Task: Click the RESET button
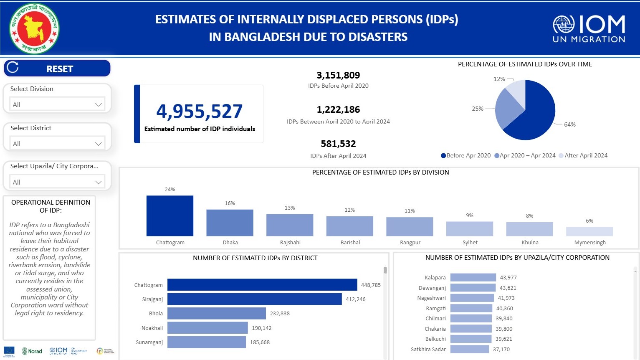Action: [x=57, y=68]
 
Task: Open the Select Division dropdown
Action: [x=57, y=104]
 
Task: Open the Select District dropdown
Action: [x=57, y=144]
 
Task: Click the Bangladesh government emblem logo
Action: [x=34, y=28]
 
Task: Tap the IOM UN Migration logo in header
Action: [x=589, y=29]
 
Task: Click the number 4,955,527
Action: [x=199, y=111]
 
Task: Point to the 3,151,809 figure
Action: [x=338, y=75]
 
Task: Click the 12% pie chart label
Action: [x=499, y=79]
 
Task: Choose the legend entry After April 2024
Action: [x=585, y=155]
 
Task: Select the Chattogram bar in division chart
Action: [x=170, y=216]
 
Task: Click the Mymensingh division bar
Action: [x=589, y=231]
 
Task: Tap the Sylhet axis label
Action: [x=470, y=242]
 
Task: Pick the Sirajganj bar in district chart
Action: [x=254, y=299]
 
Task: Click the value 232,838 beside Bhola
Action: [x=280, y=313]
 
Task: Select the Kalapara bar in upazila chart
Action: [x=473, y=277]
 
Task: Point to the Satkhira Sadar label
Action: [x=428, y=349]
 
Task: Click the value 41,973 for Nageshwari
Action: [x=506, y=298]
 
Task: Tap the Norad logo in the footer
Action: [x=32, y=351]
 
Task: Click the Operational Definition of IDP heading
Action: [x=51, y=206]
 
